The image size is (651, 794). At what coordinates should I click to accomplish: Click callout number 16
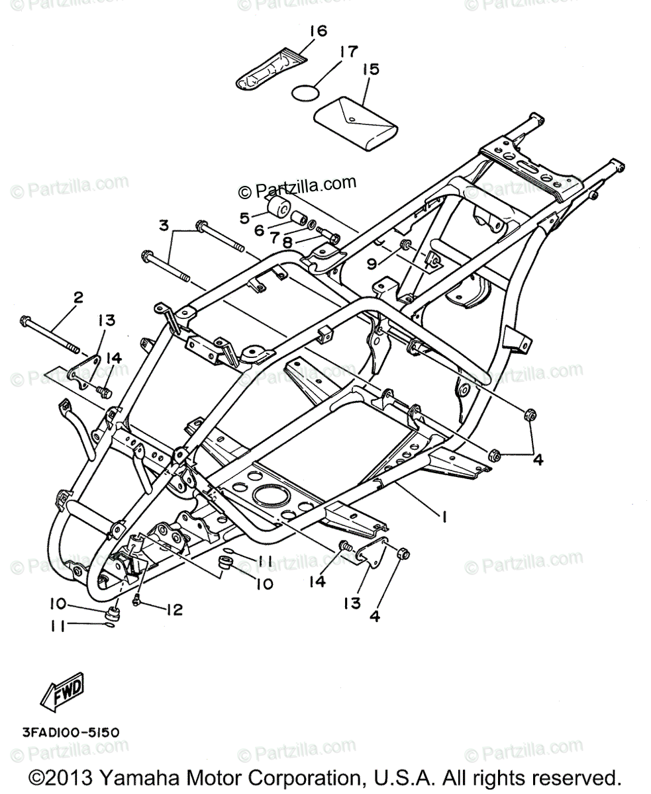point(318,31)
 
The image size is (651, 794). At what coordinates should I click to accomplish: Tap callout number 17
point(349,52)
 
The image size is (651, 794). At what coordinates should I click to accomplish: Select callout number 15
point(371,69)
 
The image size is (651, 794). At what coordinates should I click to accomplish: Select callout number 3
point(164,226)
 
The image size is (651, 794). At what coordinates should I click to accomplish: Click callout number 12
point(174,609)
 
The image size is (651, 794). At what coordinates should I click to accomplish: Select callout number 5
point(244,216)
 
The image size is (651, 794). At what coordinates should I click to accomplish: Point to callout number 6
point(258,231)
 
